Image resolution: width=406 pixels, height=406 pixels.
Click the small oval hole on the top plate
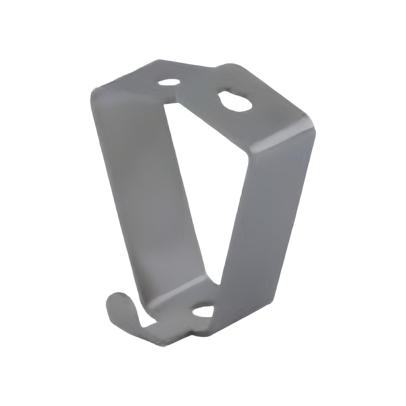[x=169, y=82]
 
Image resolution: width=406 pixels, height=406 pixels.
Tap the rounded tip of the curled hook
[x=114, y=303]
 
